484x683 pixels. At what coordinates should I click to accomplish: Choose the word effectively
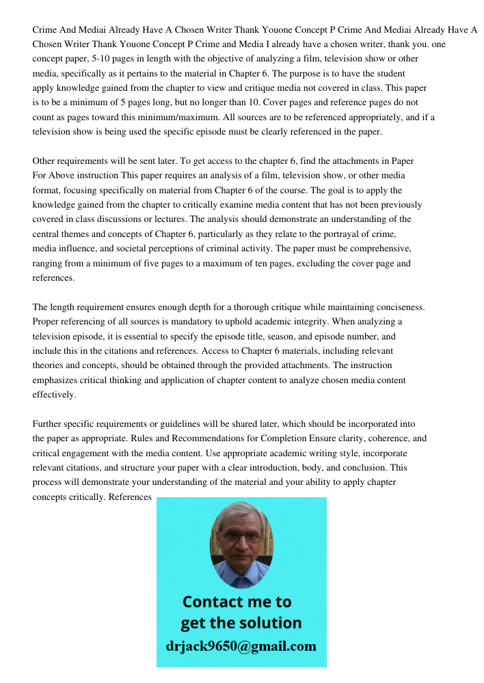coord(55,395)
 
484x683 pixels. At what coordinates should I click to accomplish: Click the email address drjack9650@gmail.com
coord(241,645)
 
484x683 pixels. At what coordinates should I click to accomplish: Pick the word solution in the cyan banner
coord(271,623)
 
